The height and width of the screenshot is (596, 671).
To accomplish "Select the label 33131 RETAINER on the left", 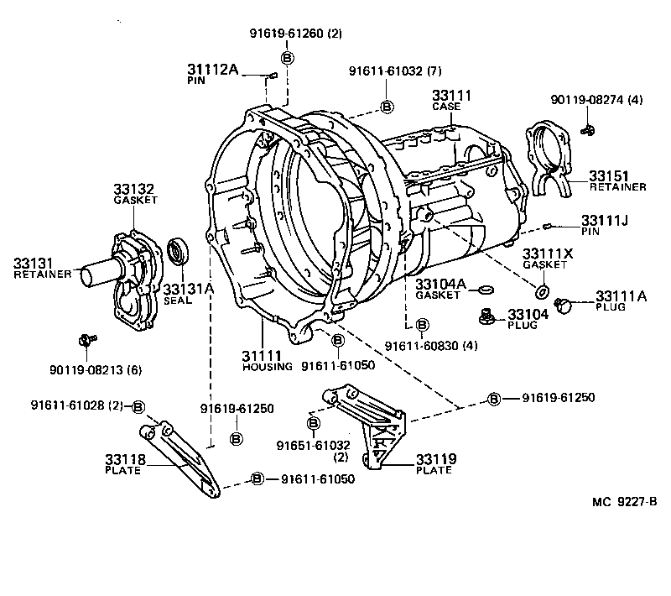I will coord(43,267).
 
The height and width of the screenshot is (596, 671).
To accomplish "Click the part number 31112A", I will coord(213,71).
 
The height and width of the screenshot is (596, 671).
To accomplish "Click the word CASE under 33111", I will coord(446,107).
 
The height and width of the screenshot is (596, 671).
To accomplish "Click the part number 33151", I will coord(606,175).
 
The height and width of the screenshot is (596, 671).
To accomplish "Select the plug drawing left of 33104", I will coord(484,316).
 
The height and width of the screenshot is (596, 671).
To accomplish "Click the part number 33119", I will coord(434,459).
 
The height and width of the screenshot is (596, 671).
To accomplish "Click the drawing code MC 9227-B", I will coord(623,502).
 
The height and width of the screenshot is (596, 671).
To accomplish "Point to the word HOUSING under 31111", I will coord(268,367).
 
